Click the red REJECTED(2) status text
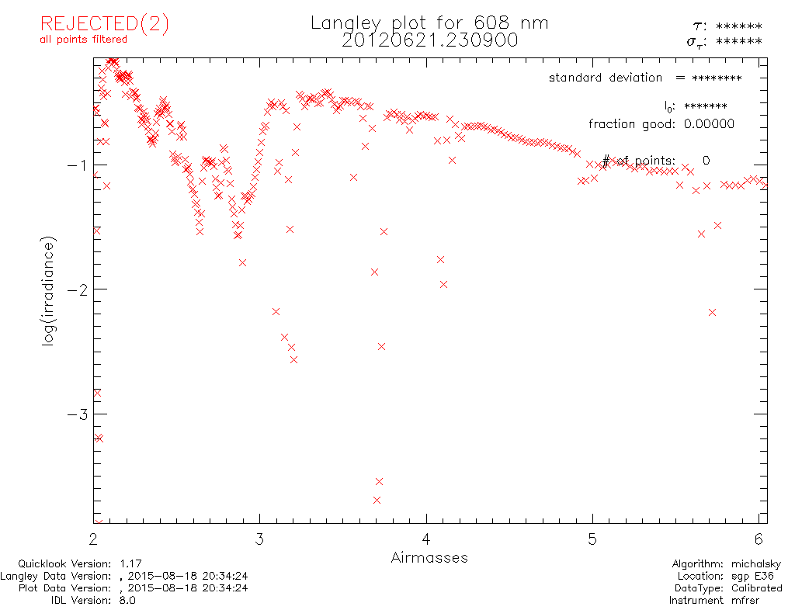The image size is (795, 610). click(104, 24)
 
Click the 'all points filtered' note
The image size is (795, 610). click(83, 39)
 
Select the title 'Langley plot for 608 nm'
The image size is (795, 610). click(429, 23)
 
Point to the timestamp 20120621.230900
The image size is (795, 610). click(429, 40)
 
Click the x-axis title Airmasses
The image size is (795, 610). click(429, 557)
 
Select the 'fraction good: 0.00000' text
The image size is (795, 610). click(661, 124)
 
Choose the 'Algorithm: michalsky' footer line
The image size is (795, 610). click(727, 564)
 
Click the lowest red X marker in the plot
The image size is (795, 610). click(380, 482)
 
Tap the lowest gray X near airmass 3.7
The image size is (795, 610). click(377, 501)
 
